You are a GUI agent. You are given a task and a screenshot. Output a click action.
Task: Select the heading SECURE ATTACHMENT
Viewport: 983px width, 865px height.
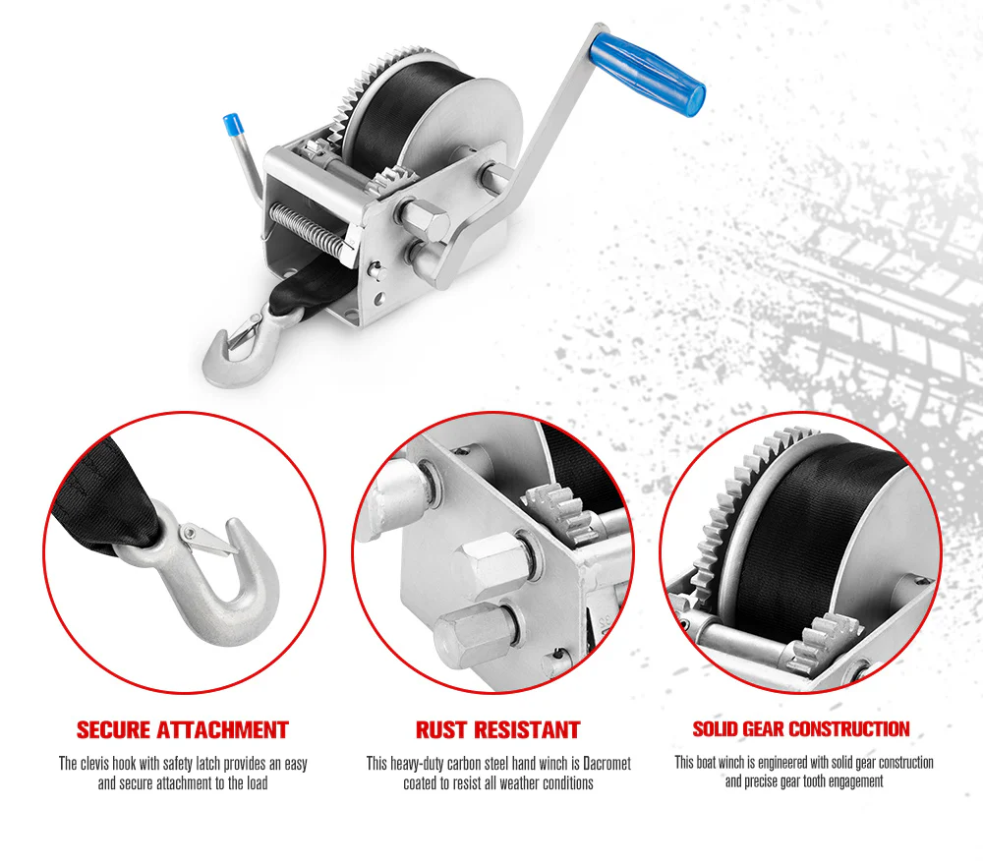pos(183,730)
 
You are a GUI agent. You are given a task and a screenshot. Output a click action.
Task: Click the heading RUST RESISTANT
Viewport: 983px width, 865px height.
pos(497,730)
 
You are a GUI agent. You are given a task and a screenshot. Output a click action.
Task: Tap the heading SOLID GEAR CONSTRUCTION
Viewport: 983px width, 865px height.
pos(801,729)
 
